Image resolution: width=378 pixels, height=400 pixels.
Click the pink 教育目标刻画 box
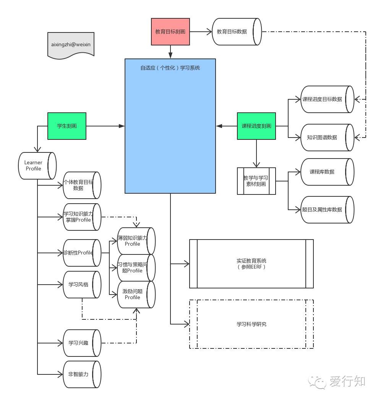[x=170, y=32]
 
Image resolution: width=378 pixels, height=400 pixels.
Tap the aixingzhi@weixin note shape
[x=71, y=45]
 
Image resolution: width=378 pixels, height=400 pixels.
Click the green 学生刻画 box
[x=67, y=126]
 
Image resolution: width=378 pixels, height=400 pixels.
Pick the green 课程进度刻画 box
[x=256, y=126]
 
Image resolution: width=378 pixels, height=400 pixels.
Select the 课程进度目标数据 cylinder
[x=327, y=99]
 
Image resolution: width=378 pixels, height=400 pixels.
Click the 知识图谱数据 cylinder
[x=327, y=137]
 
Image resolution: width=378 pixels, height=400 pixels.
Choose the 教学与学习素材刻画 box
[x=256, y=181]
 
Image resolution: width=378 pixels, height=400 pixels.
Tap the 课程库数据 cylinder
[x=327, y=172]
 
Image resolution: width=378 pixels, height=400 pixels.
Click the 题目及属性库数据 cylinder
[x=327, y=209]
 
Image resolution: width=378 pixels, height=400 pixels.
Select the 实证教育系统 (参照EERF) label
[x=251, y=264]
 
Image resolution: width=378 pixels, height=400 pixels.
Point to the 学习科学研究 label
[x=251, y=324]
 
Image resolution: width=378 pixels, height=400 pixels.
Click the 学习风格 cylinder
[x=81, y=285]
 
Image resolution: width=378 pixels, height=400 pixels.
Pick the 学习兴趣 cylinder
[x=81, y=343]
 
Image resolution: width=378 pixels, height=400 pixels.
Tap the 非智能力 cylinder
[x=81, y=374]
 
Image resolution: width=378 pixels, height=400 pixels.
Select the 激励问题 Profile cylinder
[x=136, y=294]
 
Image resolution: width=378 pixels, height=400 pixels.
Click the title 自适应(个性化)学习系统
[x=170, y=68]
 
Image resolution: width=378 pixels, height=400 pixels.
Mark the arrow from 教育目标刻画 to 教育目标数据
[x=201, y=32]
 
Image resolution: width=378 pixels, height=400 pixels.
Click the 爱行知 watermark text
[x=347, y=381]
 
